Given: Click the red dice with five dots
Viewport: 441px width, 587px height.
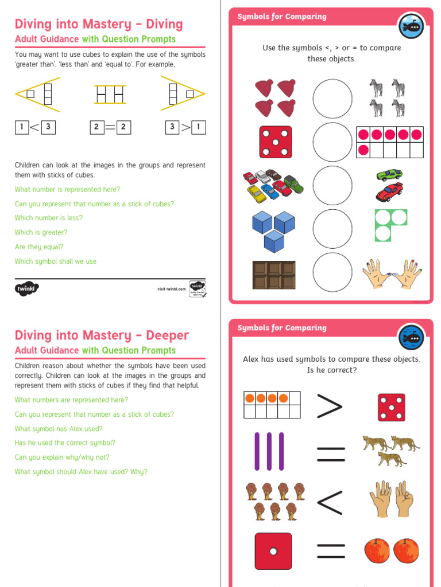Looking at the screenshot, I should click(275, 142).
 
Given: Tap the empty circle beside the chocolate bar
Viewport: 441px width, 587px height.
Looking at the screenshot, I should click(332, 271).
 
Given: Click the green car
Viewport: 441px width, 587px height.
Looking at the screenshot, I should click(389, 174).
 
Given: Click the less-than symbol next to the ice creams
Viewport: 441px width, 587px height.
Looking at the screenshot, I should click(330, 503).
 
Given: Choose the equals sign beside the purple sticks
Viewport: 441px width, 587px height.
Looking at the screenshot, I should click(331, 455).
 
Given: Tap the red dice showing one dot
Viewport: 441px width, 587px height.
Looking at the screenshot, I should click(273, 551).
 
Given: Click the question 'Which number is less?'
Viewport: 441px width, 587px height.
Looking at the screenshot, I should click(49, 218).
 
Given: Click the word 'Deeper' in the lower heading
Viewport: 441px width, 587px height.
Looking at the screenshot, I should click(167, 335).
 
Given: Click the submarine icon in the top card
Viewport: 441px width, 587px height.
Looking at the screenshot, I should click(411, 26).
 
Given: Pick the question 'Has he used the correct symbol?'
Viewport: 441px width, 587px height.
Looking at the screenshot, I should click(65, 443).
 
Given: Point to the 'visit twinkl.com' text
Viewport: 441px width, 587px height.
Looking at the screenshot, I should click(172, 289).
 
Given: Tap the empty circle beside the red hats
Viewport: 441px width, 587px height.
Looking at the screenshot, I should click(332, 99).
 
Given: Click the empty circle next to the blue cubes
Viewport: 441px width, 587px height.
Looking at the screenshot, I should click(332, 228).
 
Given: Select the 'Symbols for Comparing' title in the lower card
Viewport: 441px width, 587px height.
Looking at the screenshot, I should click(281, 328).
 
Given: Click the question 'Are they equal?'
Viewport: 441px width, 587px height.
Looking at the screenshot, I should click(39, 247).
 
